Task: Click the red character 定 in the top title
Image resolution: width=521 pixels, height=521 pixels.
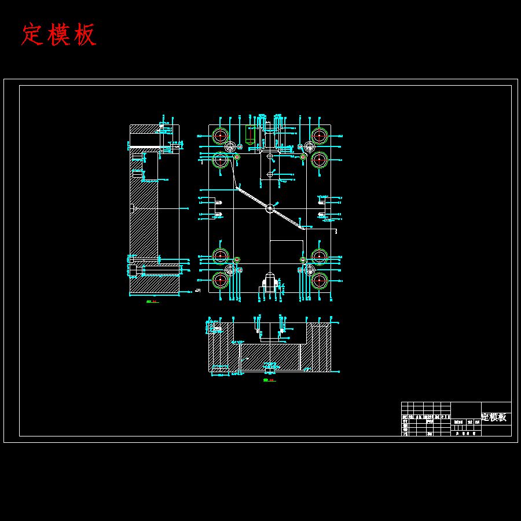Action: pos(33,35)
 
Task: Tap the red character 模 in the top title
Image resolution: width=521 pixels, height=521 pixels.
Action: pos(60,35)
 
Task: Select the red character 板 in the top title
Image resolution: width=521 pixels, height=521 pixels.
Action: pos(85,35)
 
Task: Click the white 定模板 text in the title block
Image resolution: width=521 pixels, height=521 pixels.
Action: pos(494,417)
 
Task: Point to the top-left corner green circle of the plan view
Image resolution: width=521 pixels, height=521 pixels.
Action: pos(220,136)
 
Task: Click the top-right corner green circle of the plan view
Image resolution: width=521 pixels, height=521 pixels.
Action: pos(319,136)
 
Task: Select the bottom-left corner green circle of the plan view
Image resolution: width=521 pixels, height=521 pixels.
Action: pos(220,280)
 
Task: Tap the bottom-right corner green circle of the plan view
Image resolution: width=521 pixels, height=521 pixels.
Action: pos(319,280)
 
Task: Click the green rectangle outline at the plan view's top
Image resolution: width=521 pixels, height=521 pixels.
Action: pos(250,134)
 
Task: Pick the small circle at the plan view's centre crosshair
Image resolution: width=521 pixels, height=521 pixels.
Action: pos(270,208)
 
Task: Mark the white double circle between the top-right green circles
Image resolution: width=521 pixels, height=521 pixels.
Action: pos(310,147)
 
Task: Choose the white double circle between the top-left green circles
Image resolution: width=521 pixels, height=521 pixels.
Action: pos(230,146)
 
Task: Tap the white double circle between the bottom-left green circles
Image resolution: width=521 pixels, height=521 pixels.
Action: pos(230,270)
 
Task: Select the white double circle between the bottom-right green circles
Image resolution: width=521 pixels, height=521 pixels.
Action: pos(310,270)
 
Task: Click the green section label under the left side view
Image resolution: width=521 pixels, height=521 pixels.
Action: pos(152,302)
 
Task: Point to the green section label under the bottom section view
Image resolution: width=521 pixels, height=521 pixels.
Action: pos(269,380)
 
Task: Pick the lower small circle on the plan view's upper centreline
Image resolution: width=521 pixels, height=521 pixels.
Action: pos(270,174)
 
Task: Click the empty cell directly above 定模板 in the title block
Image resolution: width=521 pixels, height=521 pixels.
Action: pos(496,406)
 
